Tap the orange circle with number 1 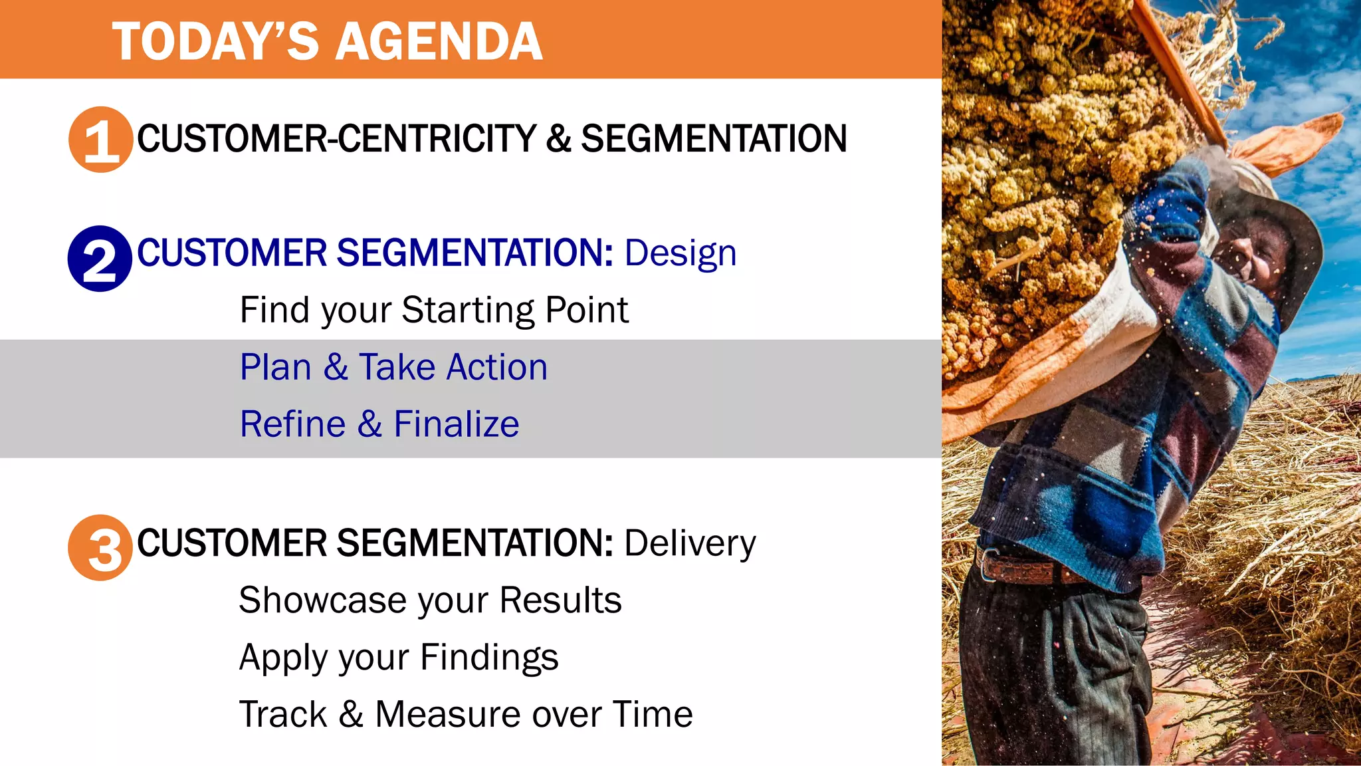tap(100, 140)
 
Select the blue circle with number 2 tap(100, 259)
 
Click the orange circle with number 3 tap(100, 548)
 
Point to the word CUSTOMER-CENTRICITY tap(336, 139)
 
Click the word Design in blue tap(680, 253)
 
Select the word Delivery tap(689, 544)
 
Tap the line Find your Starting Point tap(433, 311)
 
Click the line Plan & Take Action tap(393, 368)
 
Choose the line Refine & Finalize tap(379, 425)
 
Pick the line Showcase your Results tap(430, 600)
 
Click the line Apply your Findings tap(399, 658)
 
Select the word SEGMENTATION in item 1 tap(714, 139)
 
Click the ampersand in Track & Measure tap(350, 715)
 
